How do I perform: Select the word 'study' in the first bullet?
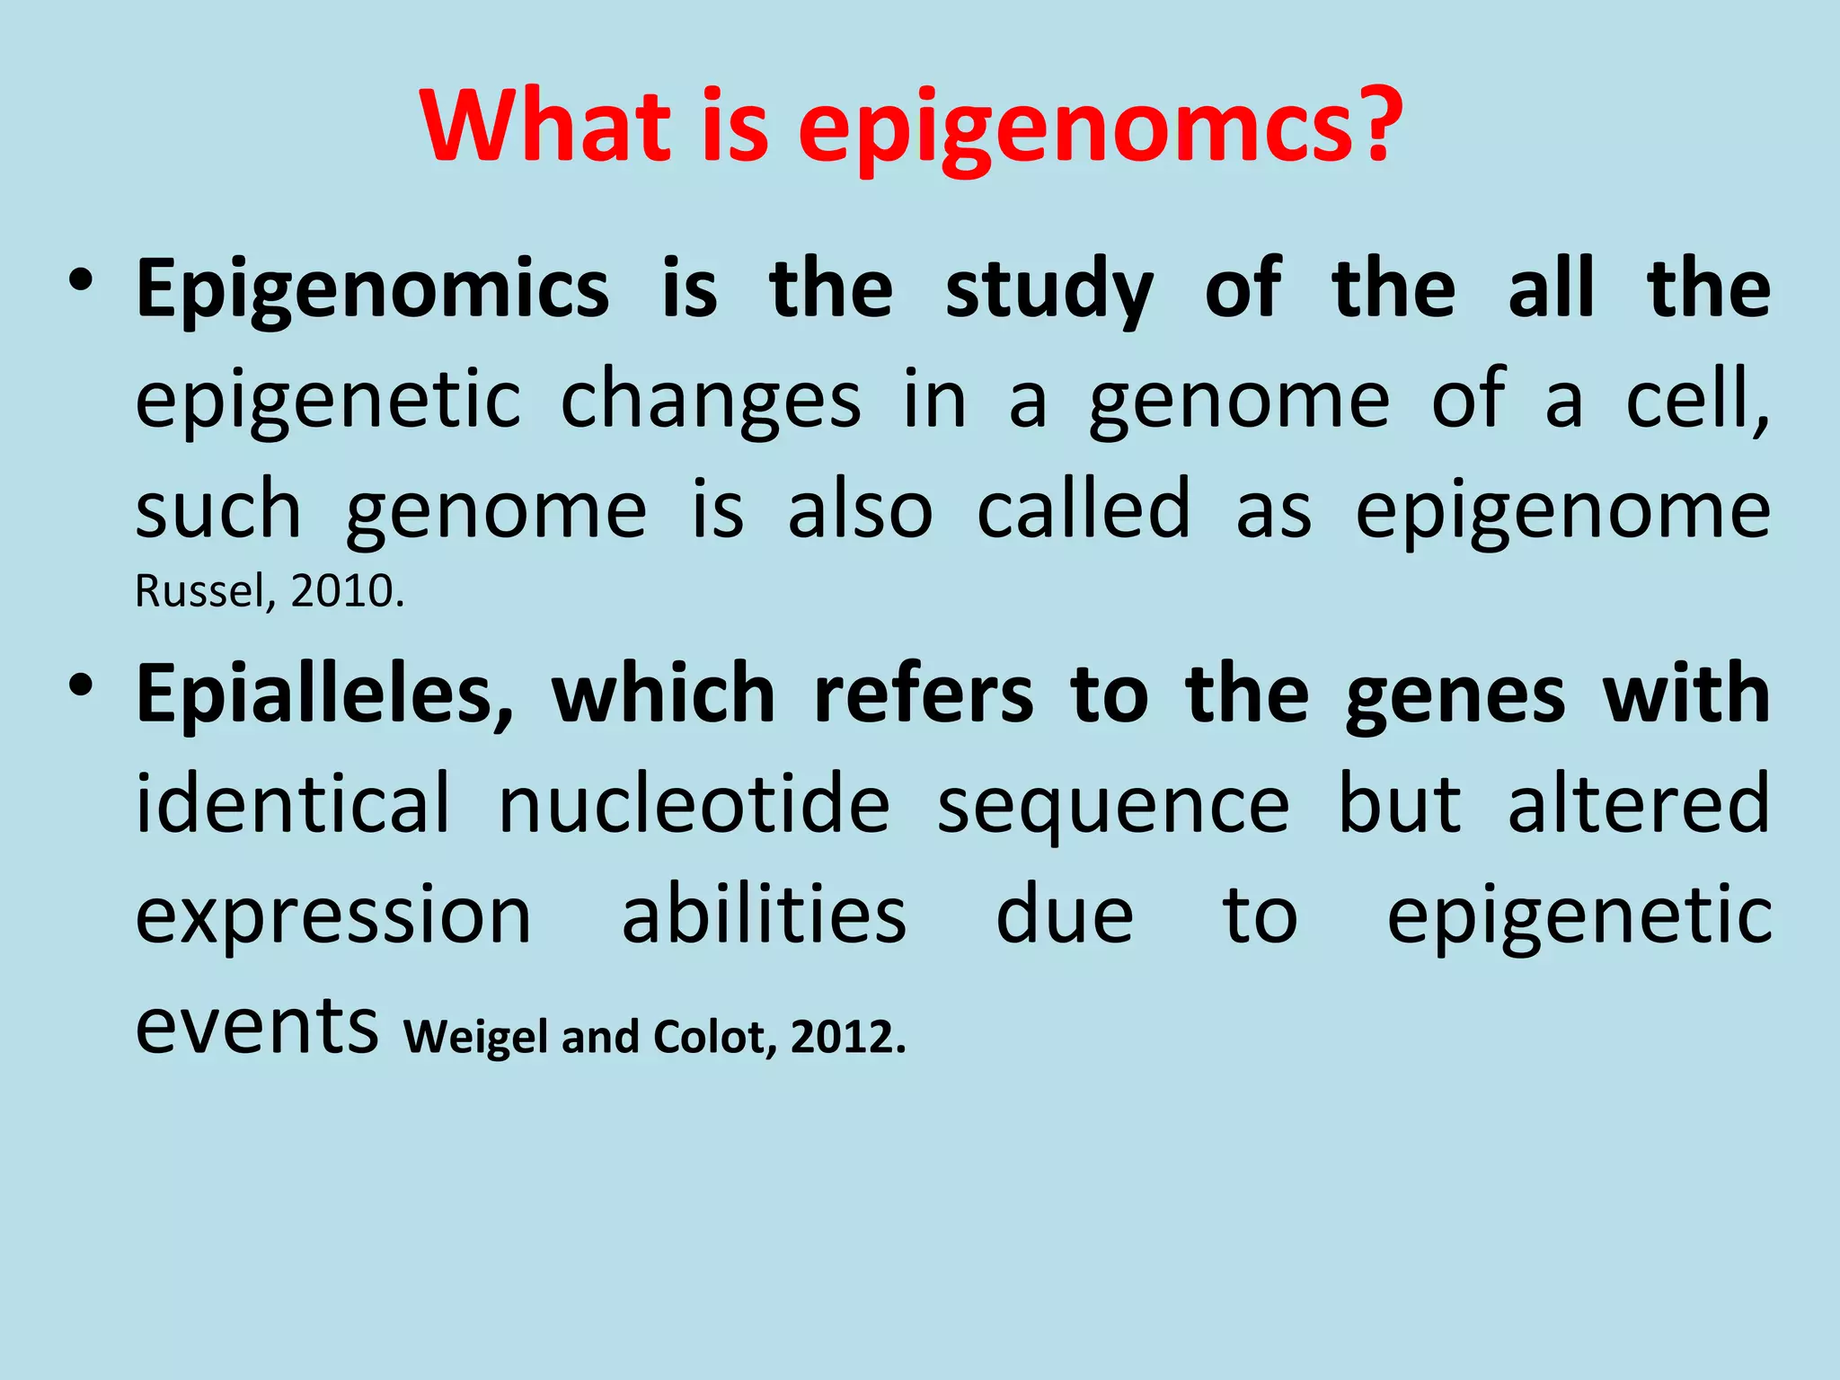tap(1048, 289)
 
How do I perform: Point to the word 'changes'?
tap(711, 400)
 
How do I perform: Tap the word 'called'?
tap(1084, 509)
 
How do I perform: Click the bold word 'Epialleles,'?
tap(325, 694)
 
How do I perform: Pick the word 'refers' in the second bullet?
tap(923, 694)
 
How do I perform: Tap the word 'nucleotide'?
tap(694, 804)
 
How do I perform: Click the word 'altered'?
tap(1638, 804)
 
